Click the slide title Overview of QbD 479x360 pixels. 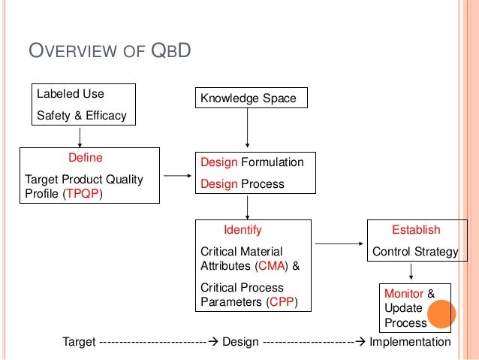tap(110, 52)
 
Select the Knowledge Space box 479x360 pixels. tap(247, 98)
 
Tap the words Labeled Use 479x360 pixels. tap(71, 95)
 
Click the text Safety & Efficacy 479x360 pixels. tap(82, 115)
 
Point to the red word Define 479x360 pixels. tap(85, 159)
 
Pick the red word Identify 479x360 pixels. tap(243, 230)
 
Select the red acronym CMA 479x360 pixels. tap(270, 265)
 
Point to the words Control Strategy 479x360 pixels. tap(415, 252)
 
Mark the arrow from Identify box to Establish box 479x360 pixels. tap(339, 244)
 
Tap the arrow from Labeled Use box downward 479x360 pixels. tap(80, 135)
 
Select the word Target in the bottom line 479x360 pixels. tap(79, 342)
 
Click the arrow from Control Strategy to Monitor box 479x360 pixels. tap(412, 271)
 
